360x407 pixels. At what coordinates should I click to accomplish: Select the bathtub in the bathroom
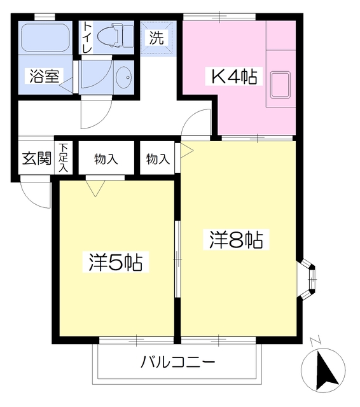point(45,38)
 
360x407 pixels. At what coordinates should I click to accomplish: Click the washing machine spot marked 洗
point(156,38)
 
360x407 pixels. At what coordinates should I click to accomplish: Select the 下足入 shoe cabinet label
point(64,158)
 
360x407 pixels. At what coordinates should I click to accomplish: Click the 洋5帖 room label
point(115,261)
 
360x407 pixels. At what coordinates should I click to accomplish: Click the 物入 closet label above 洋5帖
point(106,158)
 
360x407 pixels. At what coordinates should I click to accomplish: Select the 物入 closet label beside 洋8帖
point(157,158)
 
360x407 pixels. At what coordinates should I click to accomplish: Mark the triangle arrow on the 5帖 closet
point(96,187)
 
